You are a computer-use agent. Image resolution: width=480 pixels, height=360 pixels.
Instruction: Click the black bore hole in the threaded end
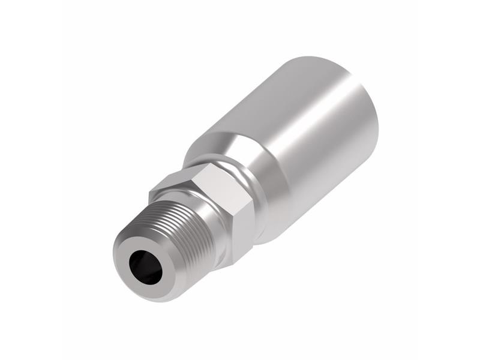coord(146,266)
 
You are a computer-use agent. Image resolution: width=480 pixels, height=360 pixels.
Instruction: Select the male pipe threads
coord(180,228)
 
